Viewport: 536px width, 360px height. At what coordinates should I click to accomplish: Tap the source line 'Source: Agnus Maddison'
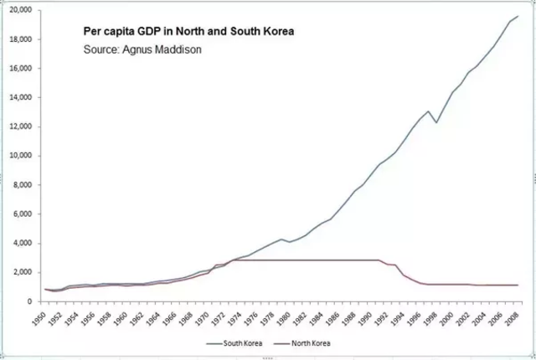(x=143, y=49)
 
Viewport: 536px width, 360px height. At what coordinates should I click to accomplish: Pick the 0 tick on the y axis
(x=28, y=301)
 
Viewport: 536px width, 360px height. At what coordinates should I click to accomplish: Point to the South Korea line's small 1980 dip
(x=290, y=242)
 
